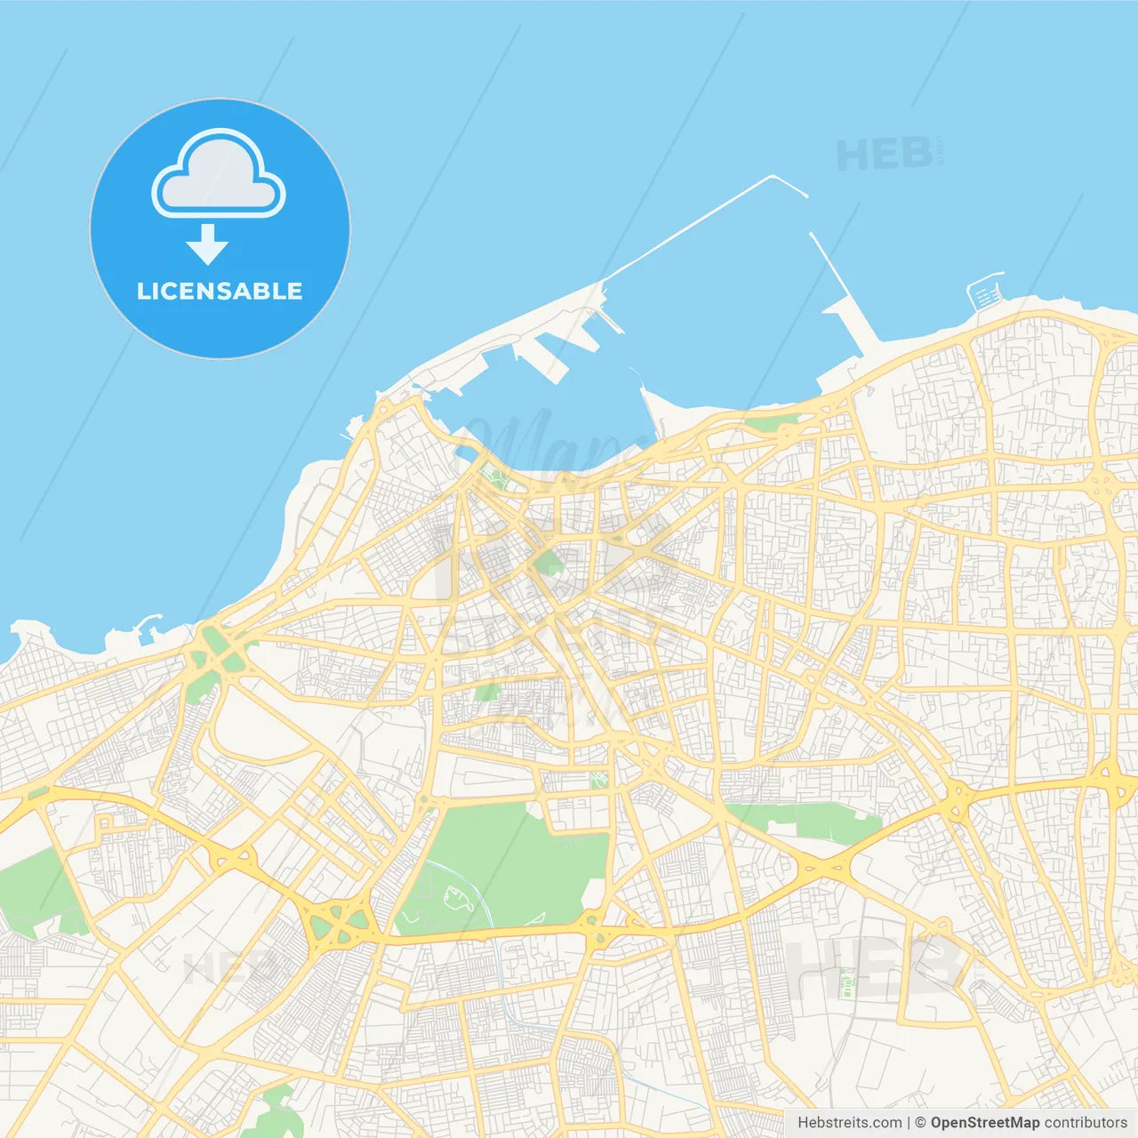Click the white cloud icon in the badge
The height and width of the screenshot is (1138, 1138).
pos(219,175)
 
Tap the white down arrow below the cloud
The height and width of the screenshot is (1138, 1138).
pos(208,244)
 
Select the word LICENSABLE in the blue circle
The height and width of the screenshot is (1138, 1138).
pos(220,292)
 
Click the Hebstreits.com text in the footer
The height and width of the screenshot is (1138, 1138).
pos(849,1123)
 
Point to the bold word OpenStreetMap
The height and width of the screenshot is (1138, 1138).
pos(984,1123)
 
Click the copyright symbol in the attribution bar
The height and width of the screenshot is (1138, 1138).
pos(920,1123)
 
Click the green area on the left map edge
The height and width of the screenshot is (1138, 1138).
pos(31,889)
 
